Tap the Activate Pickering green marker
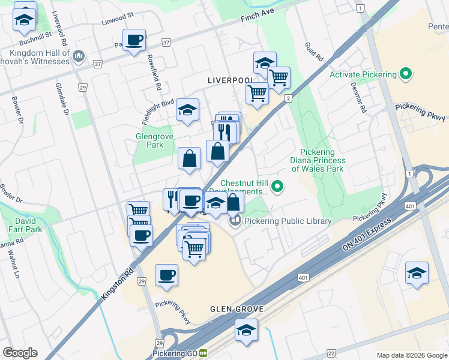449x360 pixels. [406, 74]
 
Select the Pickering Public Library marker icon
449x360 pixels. [235, 221]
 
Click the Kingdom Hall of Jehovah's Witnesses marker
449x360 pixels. [78, 56]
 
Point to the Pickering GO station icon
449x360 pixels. [204, 353]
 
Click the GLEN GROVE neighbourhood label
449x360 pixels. [234, 310]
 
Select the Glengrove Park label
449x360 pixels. [149, 140]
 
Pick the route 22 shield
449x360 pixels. [331, 354]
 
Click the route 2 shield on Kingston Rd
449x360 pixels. [288, 98]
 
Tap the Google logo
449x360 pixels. [20, 353]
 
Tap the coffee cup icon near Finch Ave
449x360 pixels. [134, 40]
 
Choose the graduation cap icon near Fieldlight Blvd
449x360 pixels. [187, 110]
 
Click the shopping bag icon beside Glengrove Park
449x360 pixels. [190, 159]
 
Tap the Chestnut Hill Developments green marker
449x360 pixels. [277, 187]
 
